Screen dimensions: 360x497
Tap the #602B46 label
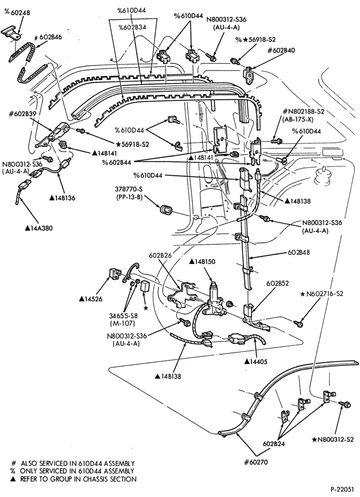point(48,37)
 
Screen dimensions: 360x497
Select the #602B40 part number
point(281,50)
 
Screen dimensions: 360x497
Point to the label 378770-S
point(129,189)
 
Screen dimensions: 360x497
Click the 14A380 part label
point(39,228)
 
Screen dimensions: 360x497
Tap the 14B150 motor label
point(202,261)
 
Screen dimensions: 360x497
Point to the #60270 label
point(256,462)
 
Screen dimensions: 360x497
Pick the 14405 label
point(256,361)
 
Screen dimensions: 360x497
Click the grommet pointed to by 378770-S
point(165,210)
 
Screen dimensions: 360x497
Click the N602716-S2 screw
point(298,324)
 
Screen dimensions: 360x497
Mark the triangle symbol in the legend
point(13,479)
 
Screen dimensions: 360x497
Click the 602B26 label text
point(161,255)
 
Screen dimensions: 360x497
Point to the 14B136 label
point(62,198)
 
